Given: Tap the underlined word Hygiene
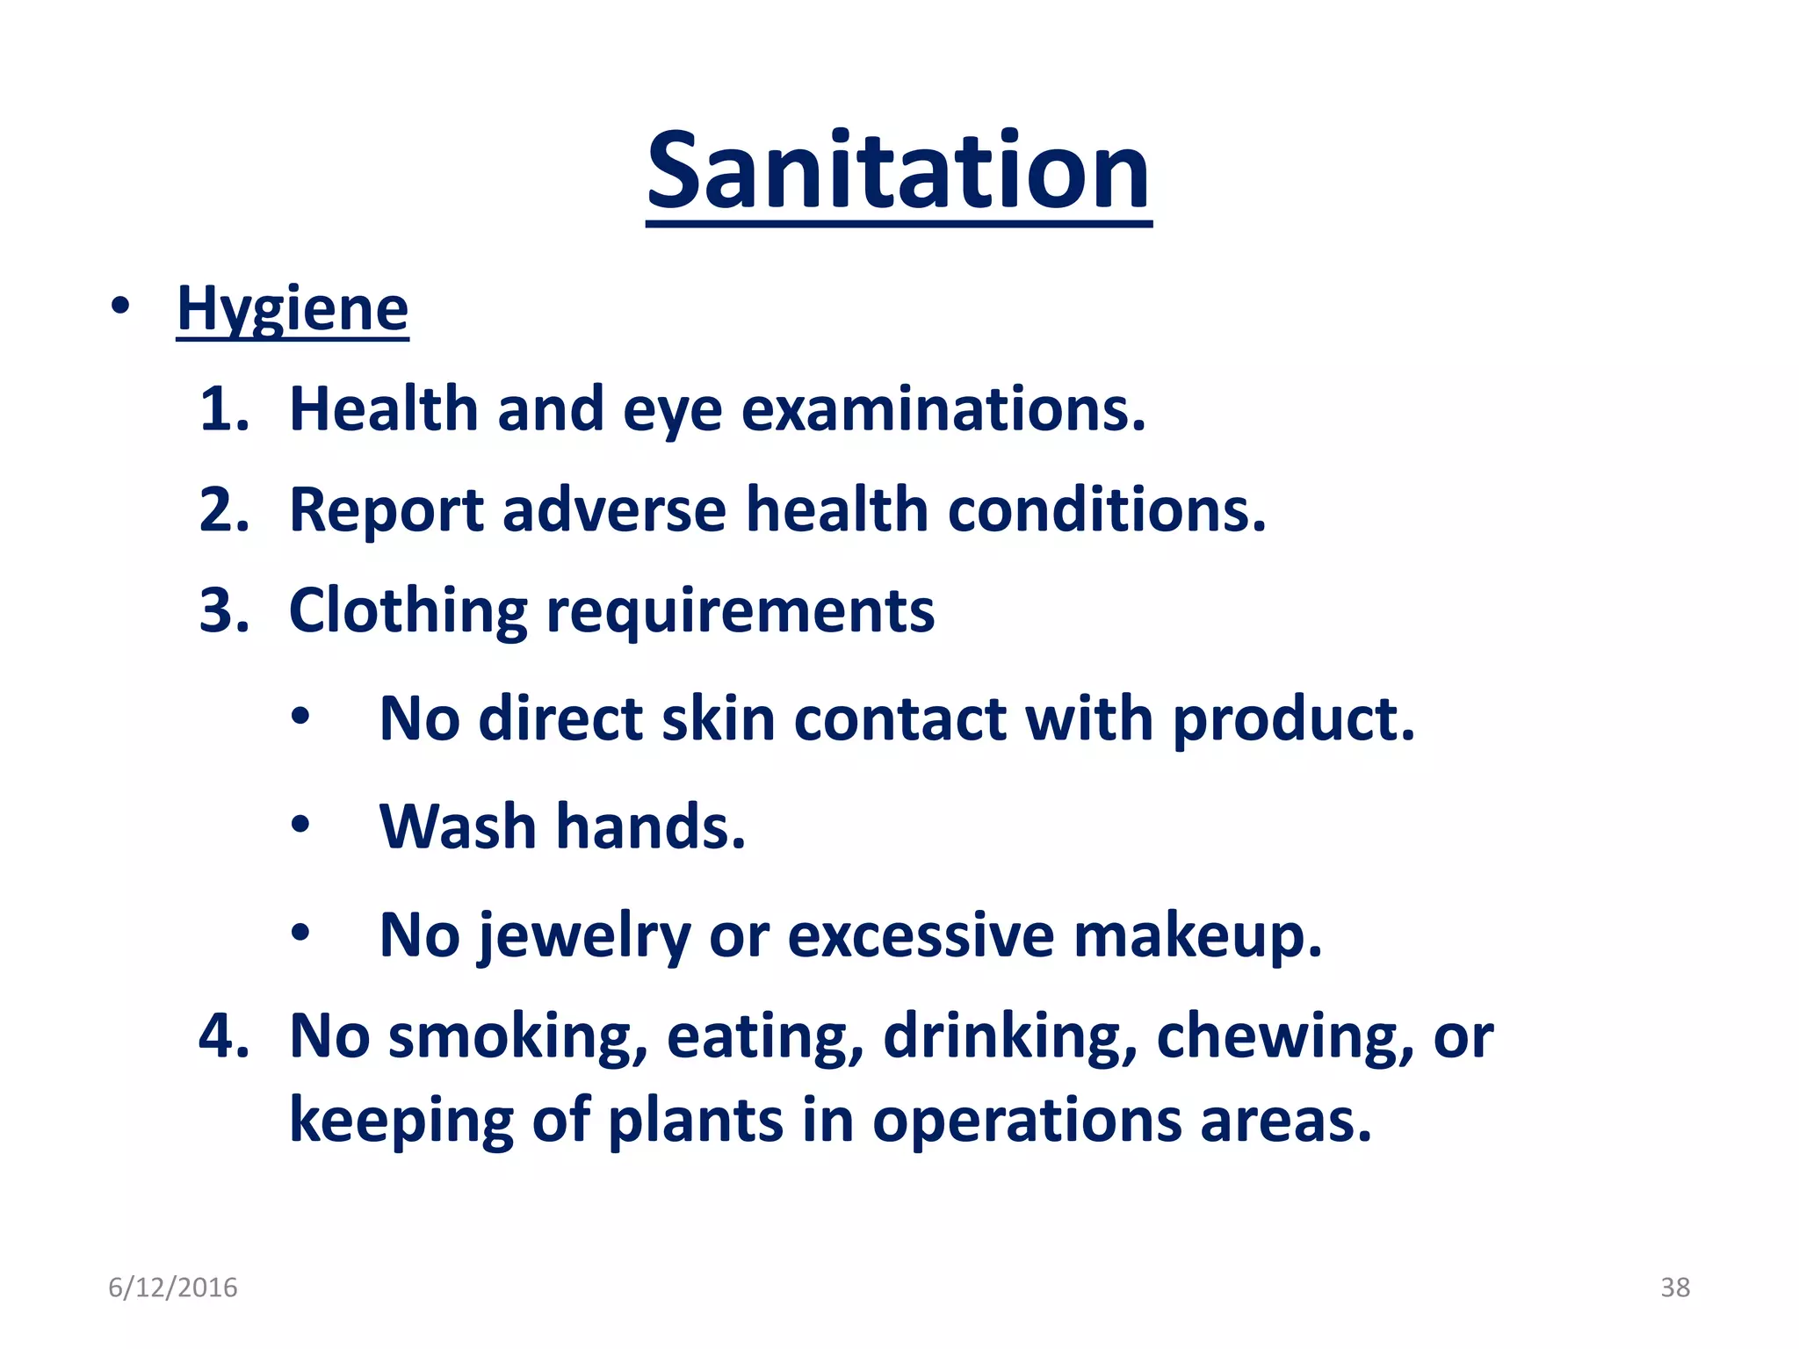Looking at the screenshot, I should (x=293, y=309).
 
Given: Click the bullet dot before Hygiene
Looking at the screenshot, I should (x=120, y=307).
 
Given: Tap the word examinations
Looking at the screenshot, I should (x=943, y=409).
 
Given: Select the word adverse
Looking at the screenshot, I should (x=614, y=510).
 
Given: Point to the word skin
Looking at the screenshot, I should (x=717, y=719).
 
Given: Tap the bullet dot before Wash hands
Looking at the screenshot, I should (x=300, y=826).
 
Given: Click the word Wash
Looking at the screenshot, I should (x=458, y=827).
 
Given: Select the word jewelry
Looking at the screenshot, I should (x=584, y=937).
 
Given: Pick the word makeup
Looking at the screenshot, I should (x=1197, y=937).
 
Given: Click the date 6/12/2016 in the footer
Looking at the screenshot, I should (x=173, y=1288).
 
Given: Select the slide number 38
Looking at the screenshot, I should (x=1674, y=1288).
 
